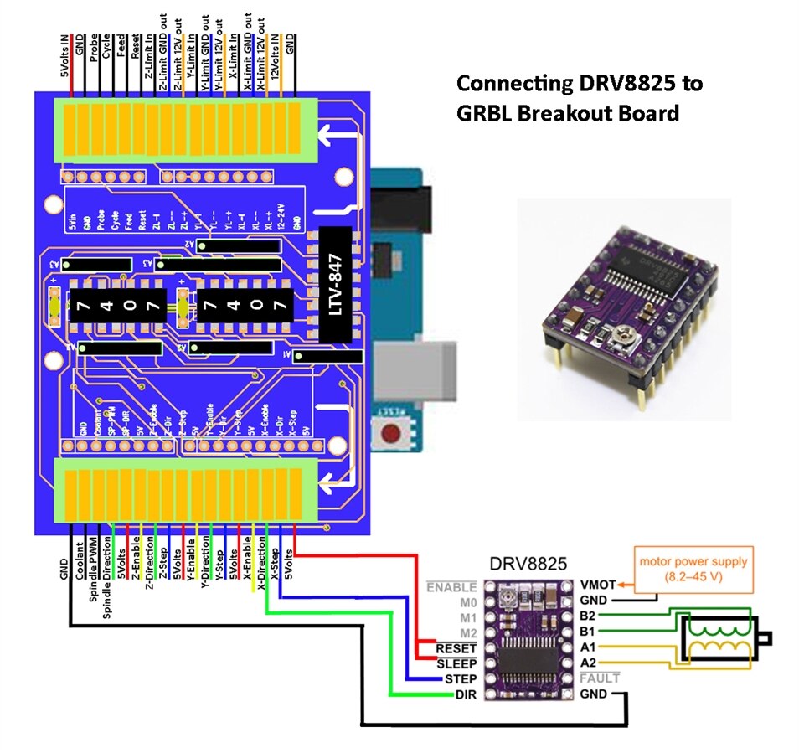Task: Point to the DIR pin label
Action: pos(465,695)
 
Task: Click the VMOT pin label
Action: pos(598,585)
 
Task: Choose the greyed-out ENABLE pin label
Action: pos(451,587)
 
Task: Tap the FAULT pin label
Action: pos(600,678)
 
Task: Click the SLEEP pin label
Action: pos(456,663)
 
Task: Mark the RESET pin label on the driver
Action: pos(456,648)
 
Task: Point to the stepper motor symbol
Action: pos(720,641)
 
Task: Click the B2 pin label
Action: pos(588,616)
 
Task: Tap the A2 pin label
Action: pos(588,663)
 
